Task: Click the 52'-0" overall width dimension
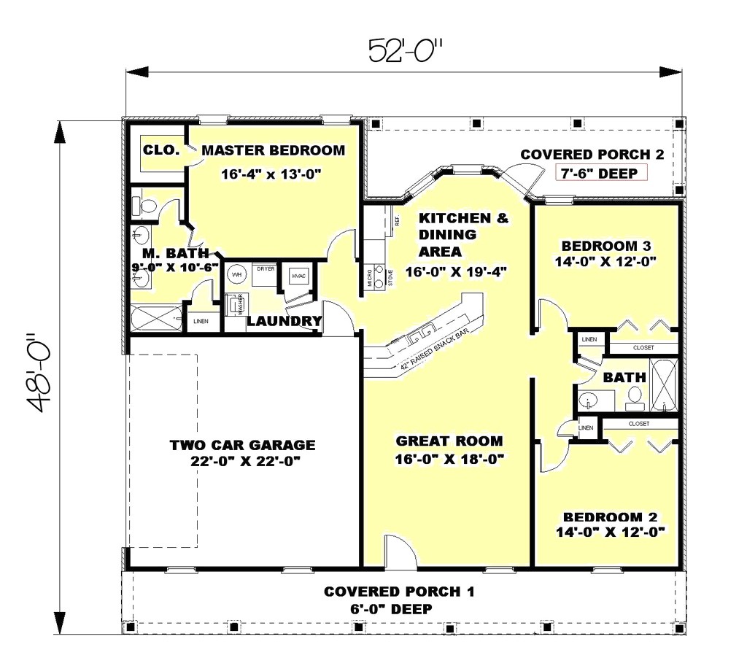tap(406, 51)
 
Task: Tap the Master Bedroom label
tap(273, 151)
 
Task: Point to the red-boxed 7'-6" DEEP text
tap(600, 173)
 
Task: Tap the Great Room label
tap(449, 441)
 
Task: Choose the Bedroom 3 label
tap(602, 244)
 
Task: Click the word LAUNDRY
tap(284, 321)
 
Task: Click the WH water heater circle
tap(236, 275)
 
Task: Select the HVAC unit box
tap(298, 276)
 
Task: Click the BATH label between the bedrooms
tap(624, 377)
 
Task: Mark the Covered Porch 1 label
tap(398, 591)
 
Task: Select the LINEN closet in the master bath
tap(200, 321)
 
